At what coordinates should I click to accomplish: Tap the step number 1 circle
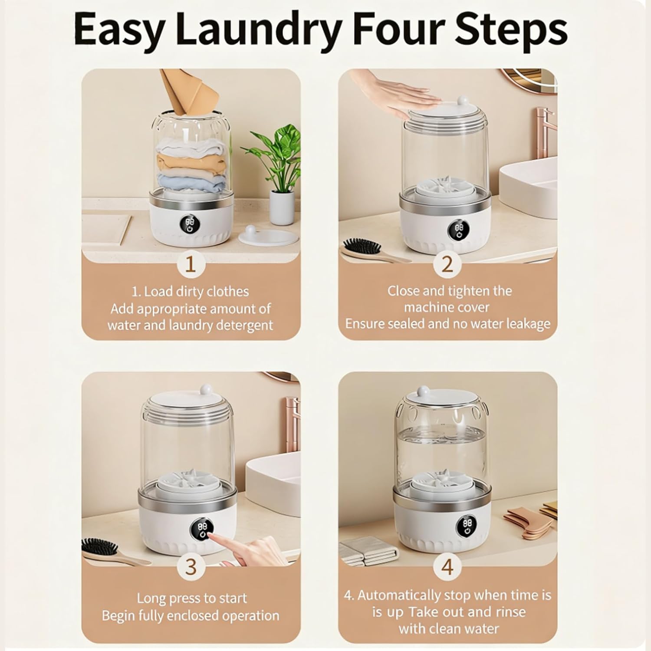[x=191, y=264]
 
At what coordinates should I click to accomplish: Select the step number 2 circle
[x=447, y=264]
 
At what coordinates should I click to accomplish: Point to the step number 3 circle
[x=191, y=567]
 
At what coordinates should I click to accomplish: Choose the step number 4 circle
[x=447, y=567]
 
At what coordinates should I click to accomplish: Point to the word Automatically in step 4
[x=398, y=595]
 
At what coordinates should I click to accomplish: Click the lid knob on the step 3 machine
[x=204, y=390]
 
